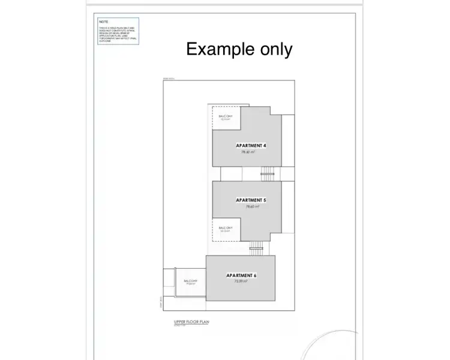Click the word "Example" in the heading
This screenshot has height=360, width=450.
220,49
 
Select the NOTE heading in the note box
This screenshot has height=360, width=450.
103,21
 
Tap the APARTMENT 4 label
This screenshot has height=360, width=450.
251,146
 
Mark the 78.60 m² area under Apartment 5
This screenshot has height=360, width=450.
252,206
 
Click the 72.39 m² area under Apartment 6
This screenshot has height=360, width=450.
240,281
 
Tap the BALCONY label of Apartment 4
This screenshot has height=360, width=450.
226,116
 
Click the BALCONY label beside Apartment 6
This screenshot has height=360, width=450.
191,281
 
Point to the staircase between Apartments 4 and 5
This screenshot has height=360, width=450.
266,175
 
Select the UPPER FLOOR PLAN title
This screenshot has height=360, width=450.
188,322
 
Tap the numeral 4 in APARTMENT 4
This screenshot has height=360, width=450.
265,146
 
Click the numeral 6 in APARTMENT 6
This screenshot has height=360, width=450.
255,275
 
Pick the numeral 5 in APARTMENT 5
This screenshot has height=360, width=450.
265,200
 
